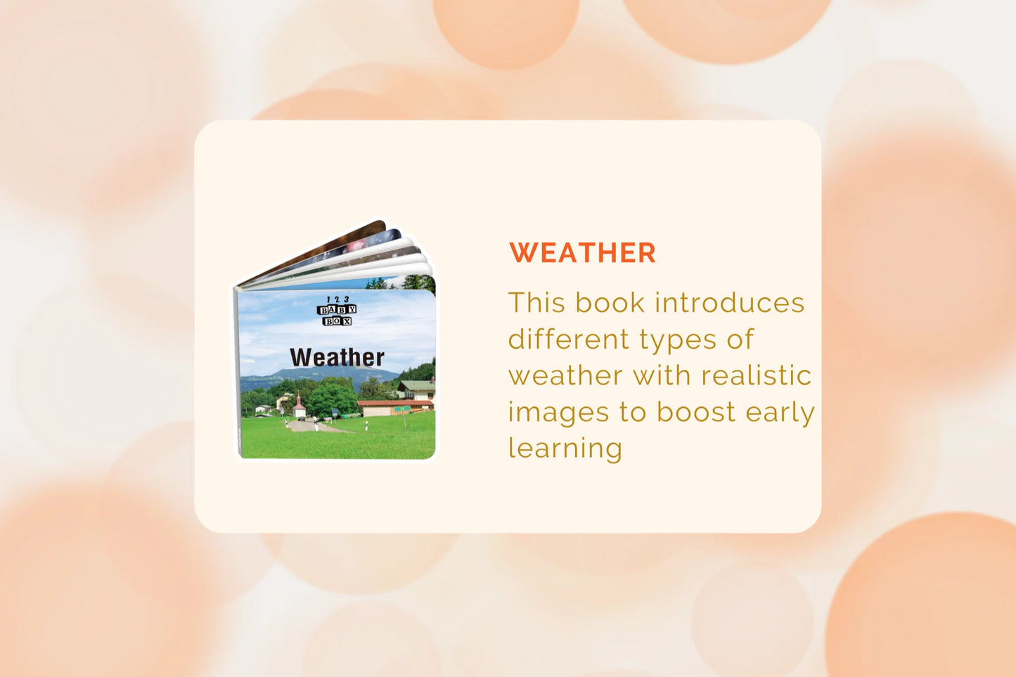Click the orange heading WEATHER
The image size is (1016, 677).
click(x=582, y=252)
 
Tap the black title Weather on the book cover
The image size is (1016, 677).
click(x=337, y=357)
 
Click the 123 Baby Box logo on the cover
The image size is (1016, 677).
click(x=337, y=311)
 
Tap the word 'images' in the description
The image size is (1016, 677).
click(x=558, y=413)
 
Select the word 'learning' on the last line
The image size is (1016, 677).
click(x=565, y=449)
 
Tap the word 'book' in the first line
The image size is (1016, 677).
click(x=610, y=302)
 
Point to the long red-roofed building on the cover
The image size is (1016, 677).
click(x=394, y=408)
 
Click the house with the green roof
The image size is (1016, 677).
click(x=416, y=389)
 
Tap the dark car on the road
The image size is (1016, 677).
click(x=302, y=418)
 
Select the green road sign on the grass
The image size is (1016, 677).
click(x=402, y=409)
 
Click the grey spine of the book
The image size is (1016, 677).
click(x=237, y=372)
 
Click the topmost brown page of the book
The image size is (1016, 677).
click(x=318, y=250)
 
